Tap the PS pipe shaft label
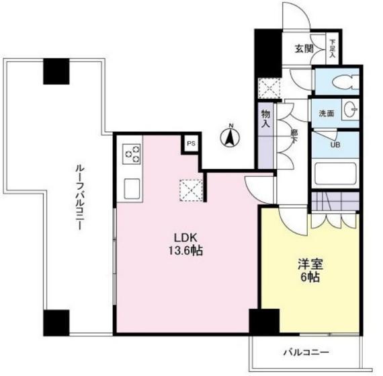pyautogui.click(x=191, y=144)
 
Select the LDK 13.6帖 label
pyautogui.click(x=185, y=244)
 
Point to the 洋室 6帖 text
pyautogui.click(x=310, y=270)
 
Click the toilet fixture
pyautogui.click(x=345, y=82)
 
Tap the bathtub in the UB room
pyautogui.click(x=335, y=174)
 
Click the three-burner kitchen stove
pyautogui.click(x=132, y=154)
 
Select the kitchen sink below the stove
pyautogui.click(x=132, y=188)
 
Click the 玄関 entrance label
pyautogui.click(x=304, y=49)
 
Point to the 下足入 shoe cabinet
pyautogui.click(x=332, y=48)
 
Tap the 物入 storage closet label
pyautogui.click(x=265, y=118)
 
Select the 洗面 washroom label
pyautogui.click(x=327, y=114)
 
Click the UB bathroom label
pyautogui.click(x=335, y=145)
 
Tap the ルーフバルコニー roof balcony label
pyautogui.click(x=79, y=198)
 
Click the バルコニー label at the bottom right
pyautogui.click(x=306, y=352)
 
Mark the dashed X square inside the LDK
pyautogui.click(x=191, y=190)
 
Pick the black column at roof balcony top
pyautogui.click(x=56, y=71)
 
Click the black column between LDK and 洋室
pyautogui.click(x=264, y=322)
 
